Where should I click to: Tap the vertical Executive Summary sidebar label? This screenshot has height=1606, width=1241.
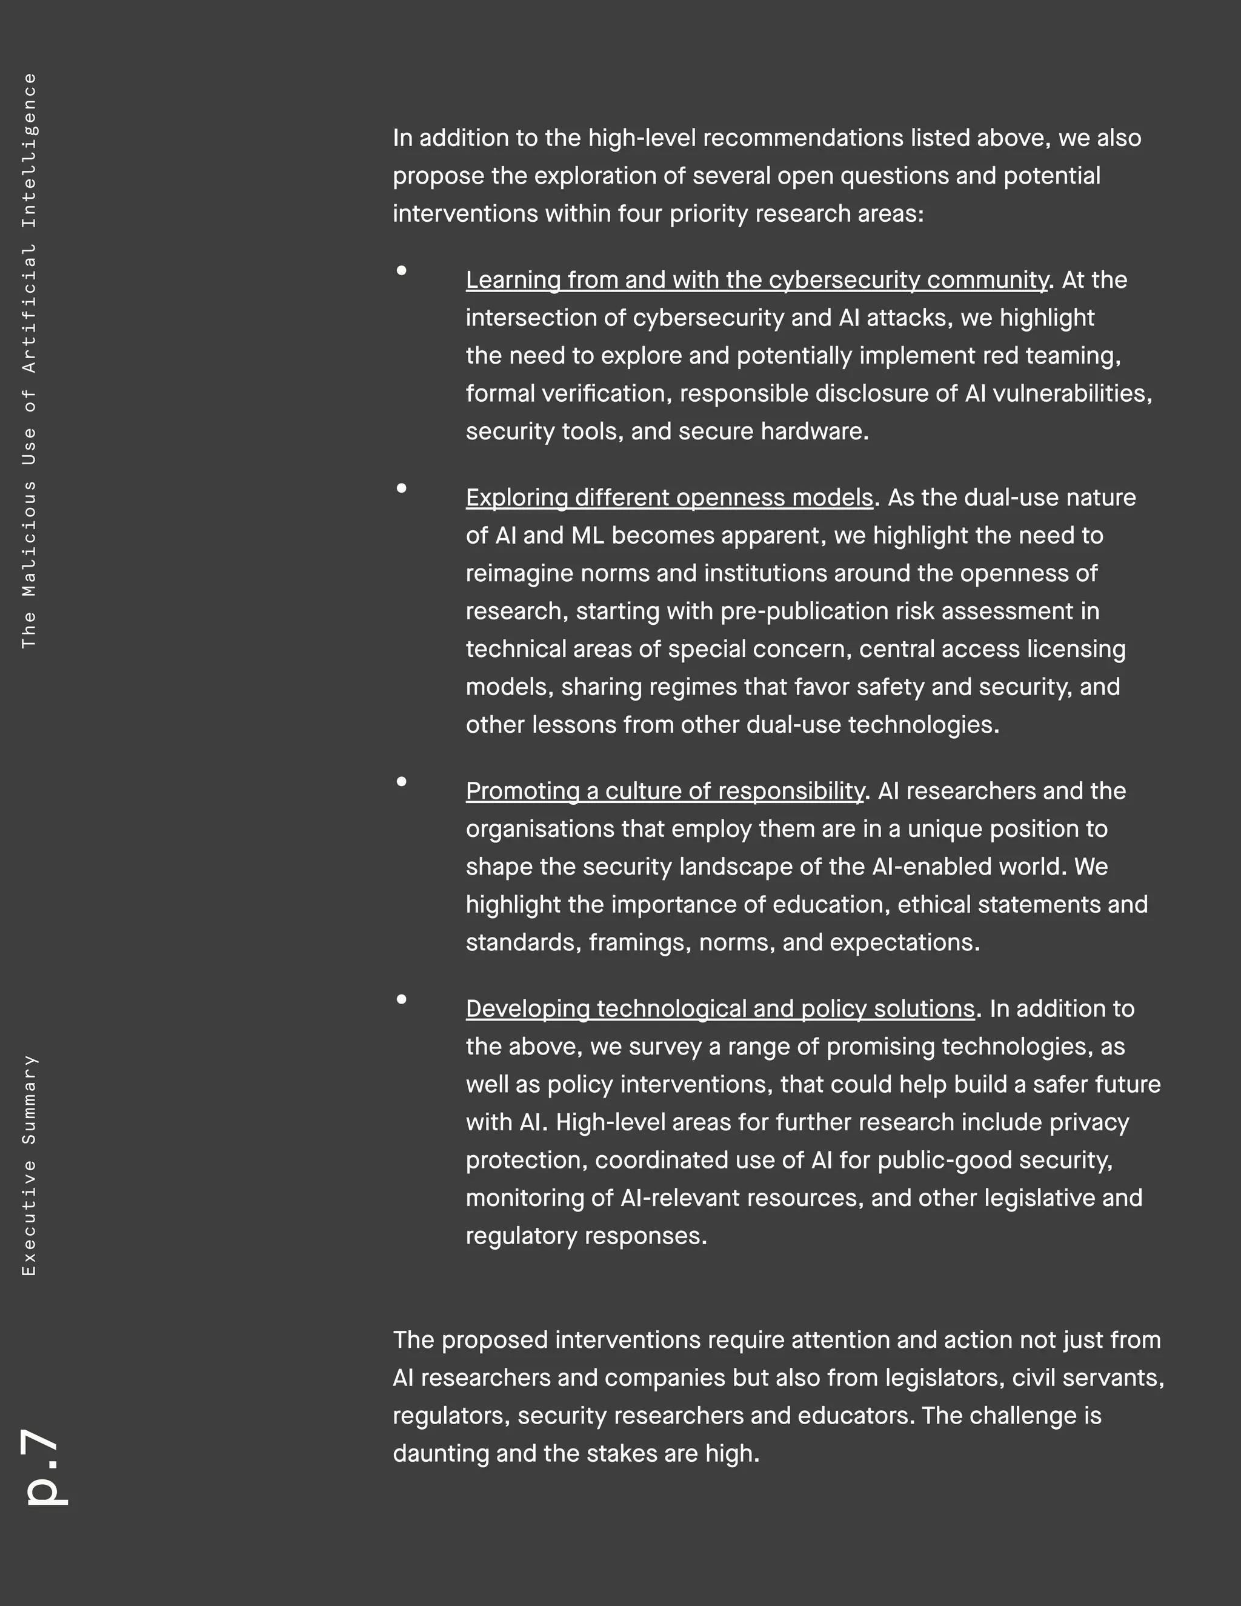pyautogui.click(x=28, y=1165)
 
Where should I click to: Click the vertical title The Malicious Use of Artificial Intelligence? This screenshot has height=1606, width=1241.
pyautogui.click(x=28, y=361)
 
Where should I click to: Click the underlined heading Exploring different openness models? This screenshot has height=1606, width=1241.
pyautogui.click(x=669, y=498)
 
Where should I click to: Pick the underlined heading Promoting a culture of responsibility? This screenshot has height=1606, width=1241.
pyautogui.click(x=665, y=791)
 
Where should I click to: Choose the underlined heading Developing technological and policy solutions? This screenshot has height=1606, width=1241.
pyautogui.click(x=720, y=1009)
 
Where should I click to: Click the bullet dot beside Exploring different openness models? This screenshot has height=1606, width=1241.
pyautogui.click(x=401, y=488)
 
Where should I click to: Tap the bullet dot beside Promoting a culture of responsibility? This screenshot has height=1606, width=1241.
pyautogui.click(x=401, y=782)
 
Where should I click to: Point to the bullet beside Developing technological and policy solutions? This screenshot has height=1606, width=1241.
pyautogui.click(x=401, y=999)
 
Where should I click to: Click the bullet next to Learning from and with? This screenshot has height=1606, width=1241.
pyautogui.click(x=401, y=271)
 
